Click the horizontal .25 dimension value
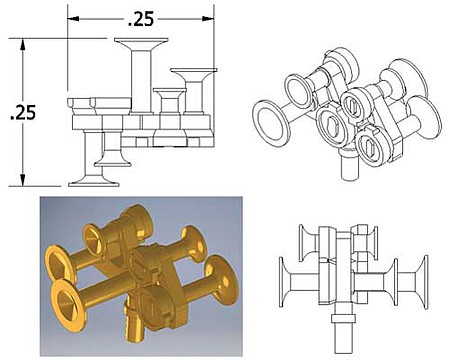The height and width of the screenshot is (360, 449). tap(141, 19)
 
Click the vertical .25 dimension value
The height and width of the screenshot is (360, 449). tap(23, 113)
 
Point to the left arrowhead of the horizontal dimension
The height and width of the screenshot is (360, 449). tap(73, 19)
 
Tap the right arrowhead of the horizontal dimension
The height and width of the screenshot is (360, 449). tap(208, 19)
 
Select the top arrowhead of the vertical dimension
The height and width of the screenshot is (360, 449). tap(23, 45)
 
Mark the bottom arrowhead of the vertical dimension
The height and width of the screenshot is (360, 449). tap(23, 180)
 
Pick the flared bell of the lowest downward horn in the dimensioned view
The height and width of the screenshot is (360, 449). tap(94, 182)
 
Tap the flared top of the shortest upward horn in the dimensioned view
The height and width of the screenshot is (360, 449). tap(169, 91)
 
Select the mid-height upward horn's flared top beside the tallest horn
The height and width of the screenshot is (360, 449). tap(194, 72)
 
